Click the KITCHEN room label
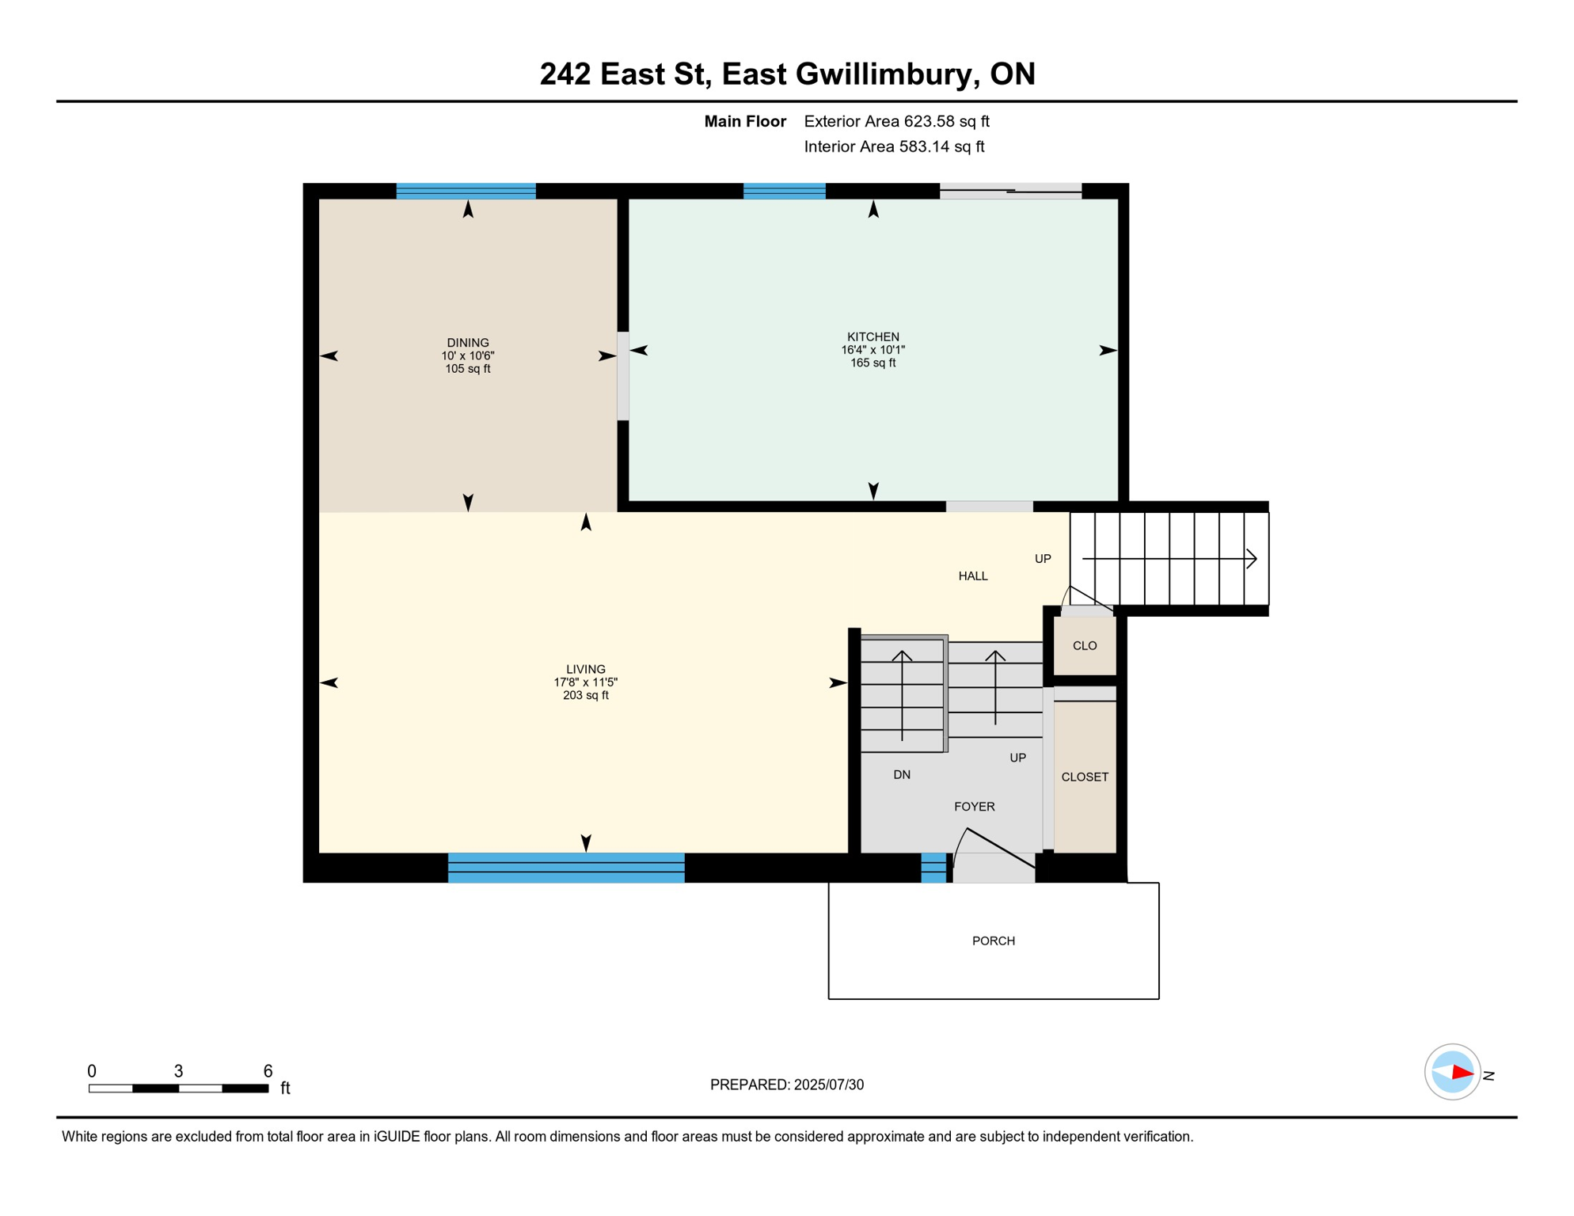pyautogui.click(x=873, y=336)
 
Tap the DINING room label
pyautogui.click(x=467, y=343)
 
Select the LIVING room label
pyautogui.click(x=585, y=669)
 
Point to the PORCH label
pyautogui.click(x=993, y=940)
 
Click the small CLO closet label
pyautogui.click(x=1084, y=645)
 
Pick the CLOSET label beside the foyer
pyautogui.click(x=1084, y=777)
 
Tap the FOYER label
pyautogui.click(x=974, y=806)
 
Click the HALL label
pyautogui.click(x=972, y=576)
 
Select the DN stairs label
pyautogui.click(x=901, y=774)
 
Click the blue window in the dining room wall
pyautogui.click(x=466, y=191)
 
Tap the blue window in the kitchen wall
pyautogui.click(x=784, y=191)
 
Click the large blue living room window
pyautogui.click(x=565, y=867)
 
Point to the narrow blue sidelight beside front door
pyautogui.click(x=933, y=867)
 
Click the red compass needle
pyautogui.click(x=1462, y=1073)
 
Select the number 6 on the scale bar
pyautogui.click(x=268, y=1070)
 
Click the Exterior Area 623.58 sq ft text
pyautogui.click(x=896, y=121)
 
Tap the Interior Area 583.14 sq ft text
pyautogui.click(x=894, y=146)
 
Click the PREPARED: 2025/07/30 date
pyautogui.click(x=786, y=1085)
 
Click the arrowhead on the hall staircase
pyautogui.click(x=1252, y=559)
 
